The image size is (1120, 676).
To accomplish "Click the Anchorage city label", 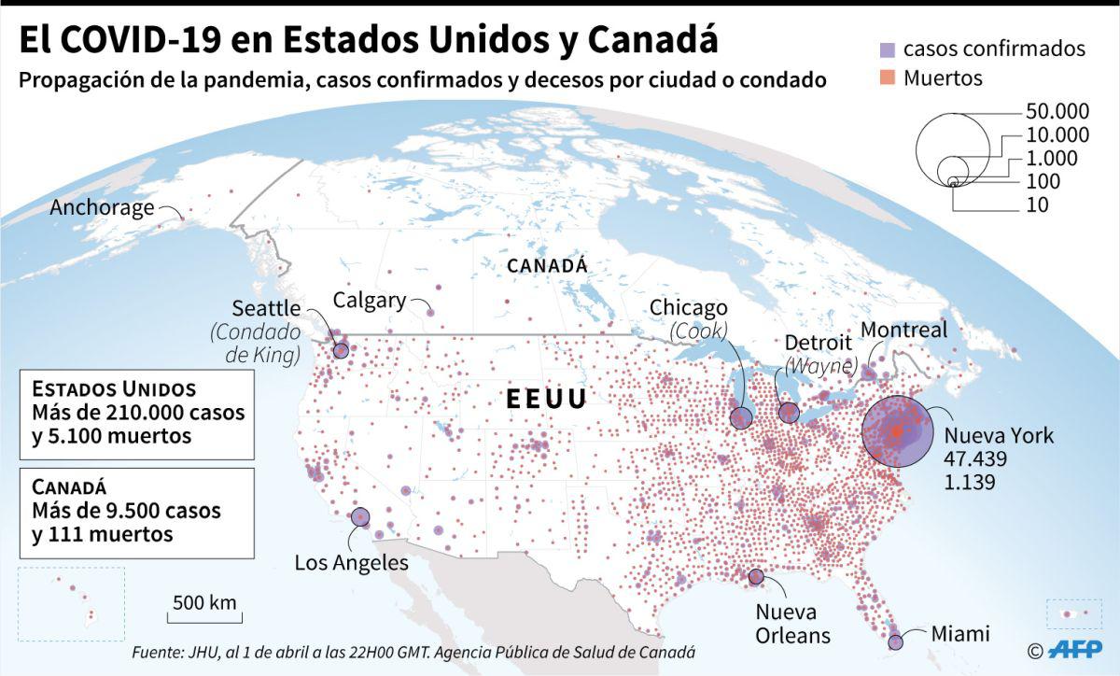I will tap(102, 207).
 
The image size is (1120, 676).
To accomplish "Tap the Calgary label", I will tap(370, 301).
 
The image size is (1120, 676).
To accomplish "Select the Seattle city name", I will tap(266, 308).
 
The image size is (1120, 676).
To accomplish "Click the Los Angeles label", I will tap(351, 563).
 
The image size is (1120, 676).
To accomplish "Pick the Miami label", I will tap(960, 634).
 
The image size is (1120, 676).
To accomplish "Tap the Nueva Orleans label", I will tap(792, 624).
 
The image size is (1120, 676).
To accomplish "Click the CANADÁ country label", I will tap(547, 266).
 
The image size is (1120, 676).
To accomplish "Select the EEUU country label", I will tap(547, 400).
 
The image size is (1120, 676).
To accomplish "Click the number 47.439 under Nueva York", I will tap(976, 459).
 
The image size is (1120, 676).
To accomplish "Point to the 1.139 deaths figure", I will tap(970, 483).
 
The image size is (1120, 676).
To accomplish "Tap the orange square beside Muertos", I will tap(888, 78).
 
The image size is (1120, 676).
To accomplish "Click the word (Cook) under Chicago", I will tap(699, 331).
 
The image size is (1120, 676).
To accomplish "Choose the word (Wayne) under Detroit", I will tap(820, 365).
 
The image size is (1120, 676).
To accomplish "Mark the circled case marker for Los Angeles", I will tap(360, 516).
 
